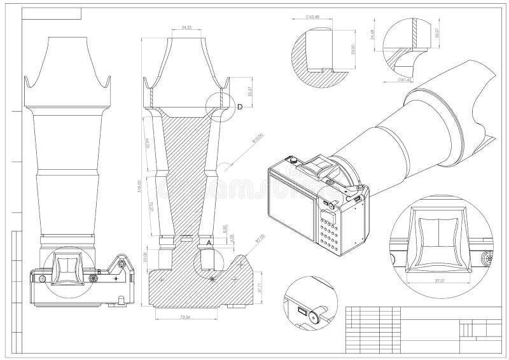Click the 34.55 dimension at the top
186,28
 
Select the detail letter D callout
240,107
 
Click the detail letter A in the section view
209,242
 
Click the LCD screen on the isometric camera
292,205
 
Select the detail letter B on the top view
99,272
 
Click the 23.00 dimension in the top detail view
352,51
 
